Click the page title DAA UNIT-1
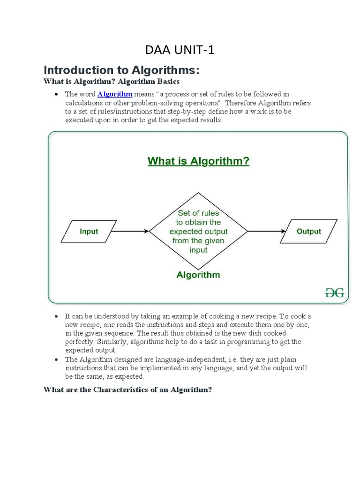180,51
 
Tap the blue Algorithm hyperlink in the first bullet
115,94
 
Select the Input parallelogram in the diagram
89,231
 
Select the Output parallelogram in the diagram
308,231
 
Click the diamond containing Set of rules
198,231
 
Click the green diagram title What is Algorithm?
198,162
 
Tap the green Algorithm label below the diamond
198,275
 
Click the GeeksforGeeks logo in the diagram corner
335,293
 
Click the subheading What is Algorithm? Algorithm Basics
112,82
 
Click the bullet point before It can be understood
56,317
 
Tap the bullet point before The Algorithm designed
56,360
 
